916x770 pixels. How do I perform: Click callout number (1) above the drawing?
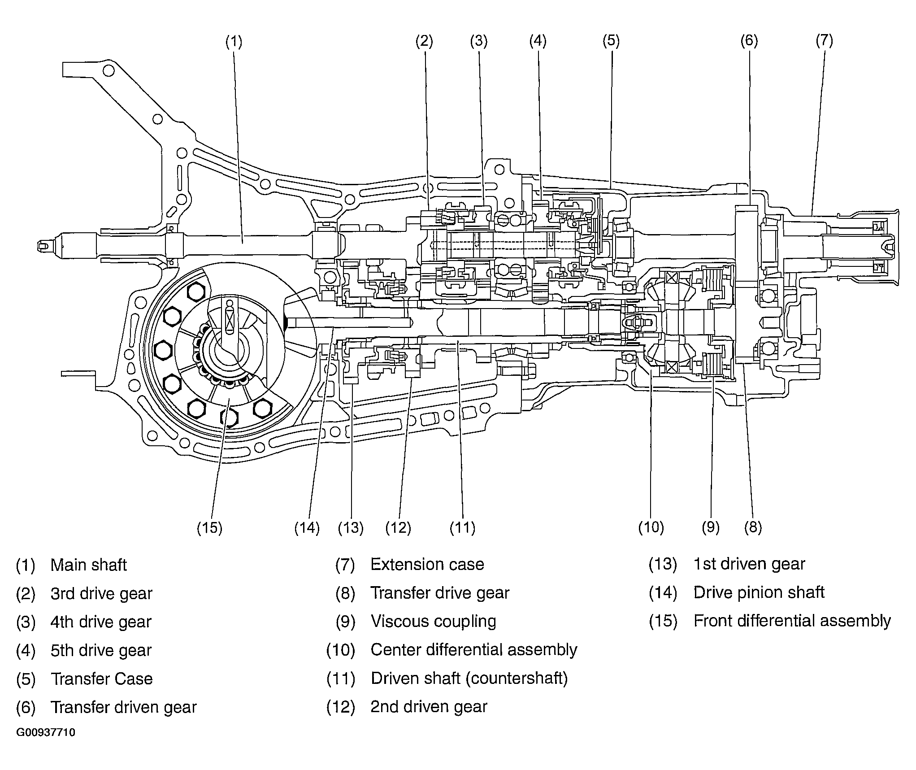tap(234, 42)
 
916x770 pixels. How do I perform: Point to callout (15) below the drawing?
tap(210, 528)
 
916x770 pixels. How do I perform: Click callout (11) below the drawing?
tap(463, 527)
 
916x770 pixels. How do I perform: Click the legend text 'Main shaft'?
tap(89, 565)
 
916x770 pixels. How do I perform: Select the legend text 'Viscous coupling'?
tap(434, 622)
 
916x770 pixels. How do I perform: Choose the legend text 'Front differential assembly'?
tap(792, 621)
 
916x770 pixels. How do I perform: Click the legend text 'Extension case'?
tap(427, 565)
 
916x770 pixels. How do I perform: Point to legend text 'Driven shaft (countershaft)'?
tap(469, 679)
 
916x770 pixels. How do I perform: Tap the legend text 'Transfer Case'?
tap(102, 679)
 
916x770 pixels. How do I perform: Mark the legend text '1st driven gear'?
tap(750, 564)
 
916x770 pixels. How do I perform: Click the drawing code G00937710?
tap(46, 733)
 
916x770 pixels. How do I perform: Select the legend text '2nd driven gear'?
tap(429, 707)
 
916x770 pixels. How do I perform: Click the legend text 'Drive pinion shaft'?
tap(759, 593)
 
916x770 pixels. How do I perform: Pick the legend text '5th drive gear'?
tap(101, 651)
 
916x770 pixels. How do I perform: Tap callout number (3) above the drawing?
tap(479, 41)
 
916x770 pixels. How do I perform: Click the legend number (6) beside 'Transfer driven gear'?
tap(26, 708)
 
